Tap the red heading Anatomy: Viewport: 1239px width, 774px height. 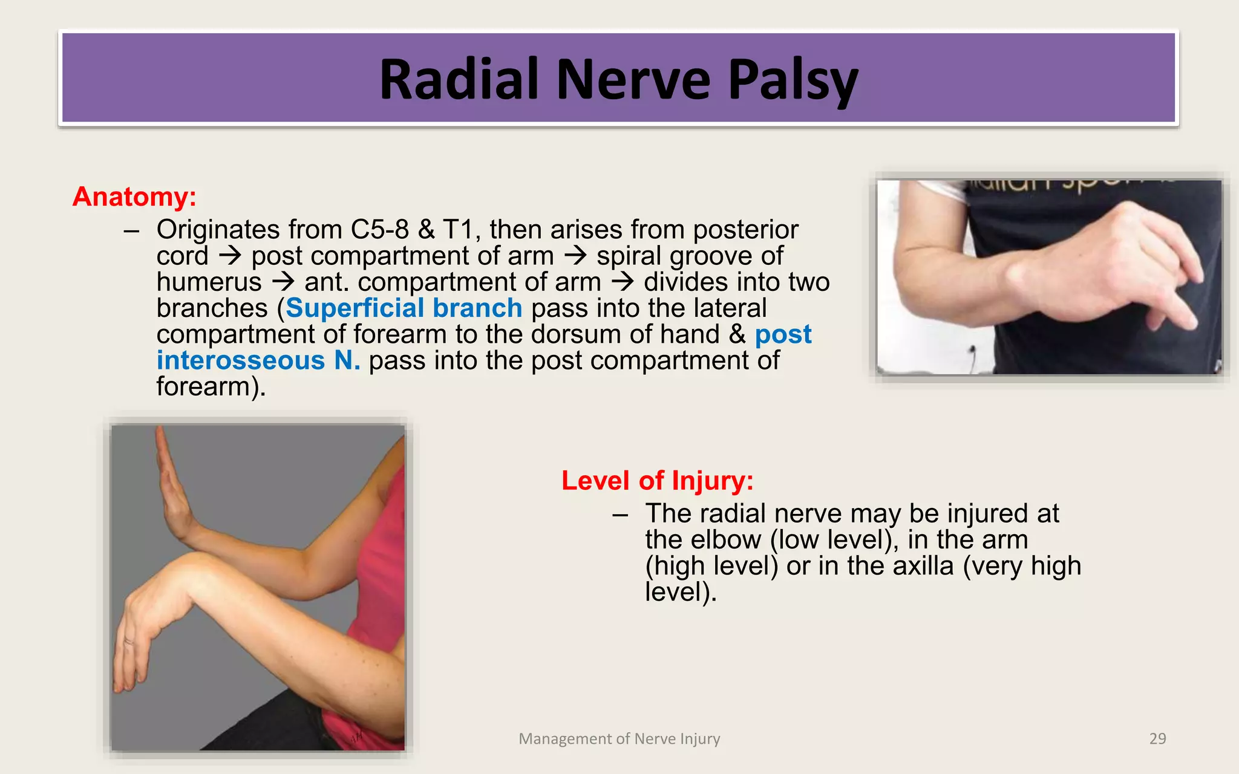pyautogui.click(x=134, y=197)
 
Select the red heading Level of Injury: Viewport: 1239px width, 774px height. pyautogui.click(x=657, y=481)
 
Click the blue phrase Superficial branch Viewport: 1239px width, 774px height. pyautogui.click(x=404, y=308)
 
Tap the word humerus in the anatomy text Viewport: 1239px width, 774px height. pyautogui.click(x=209, y=282)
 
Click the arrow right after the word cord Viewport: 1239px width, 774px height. pyautogui.click(x=230, y=256)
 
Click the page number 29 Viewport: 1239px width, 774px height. pyautogui.click(x=1157, y=739)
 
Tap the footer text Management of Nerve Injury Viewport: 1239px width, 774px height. pyautogui.click(x=619, y=739)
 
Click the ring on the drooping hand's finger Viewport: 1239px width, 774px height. pyautogui.click(x=129, y=641)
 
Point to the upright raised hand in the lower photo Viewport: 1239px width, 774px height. pyautogui.click(x=171, y=484)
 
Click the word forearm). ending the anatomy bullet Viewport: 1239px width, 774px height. pyautogui.click(x=211, y=387)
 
